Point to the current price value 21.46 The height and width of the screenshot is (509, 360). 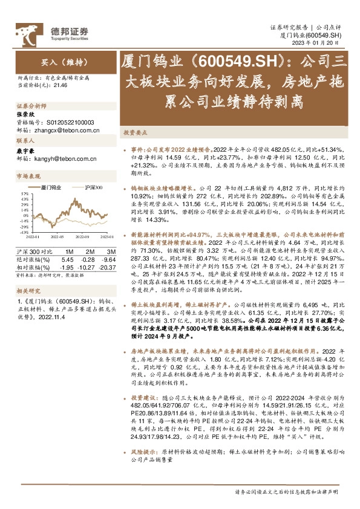pos(61,85)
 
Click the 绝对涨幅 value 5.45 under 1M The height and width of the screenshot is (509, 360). pos(69,259)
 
